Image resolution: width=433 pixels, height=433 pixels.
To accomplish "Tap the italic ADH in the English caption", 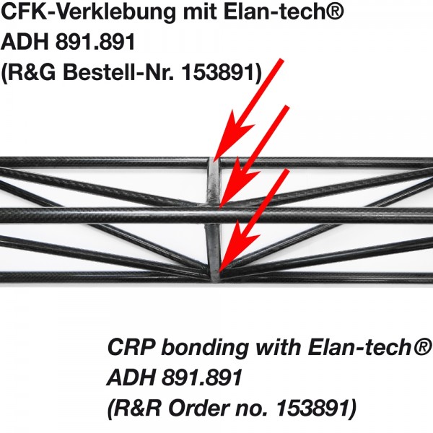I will (130, 377).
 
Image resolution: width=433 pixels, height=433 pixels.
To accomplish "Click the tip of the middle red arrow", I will (220, 206).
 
